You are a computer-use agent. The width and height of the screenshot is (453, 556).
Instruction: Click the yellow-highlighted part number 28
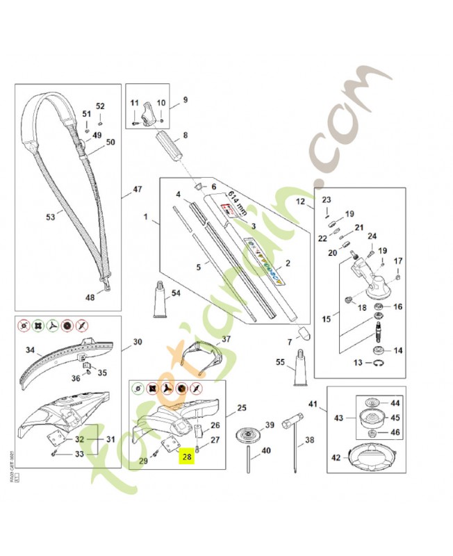(x=186, y=457)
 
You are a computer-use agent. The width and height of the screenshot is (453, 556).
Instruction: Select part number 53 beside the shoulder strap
(x=51, y=217)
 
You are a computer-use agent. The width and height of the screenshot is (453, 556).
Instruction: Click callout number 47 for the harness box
(x=137, y=188)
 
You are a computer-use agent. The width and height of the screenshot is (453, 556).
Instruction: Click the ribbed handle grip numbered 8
(x=170, y=147)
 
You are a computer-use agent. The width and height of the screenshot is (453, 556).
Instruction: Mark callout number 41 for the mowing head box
(x=313, y=404)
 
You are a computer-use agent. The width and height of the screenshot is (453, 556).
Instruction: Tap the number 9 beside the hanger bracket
(x=185, y=101)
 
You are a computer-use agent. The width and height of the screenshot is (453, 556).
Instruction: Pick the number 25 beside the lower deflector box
(x=242, y=407)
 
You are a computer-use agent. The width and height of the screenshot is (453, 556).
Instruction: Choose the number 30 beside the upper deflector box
(x=137, y=342)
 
